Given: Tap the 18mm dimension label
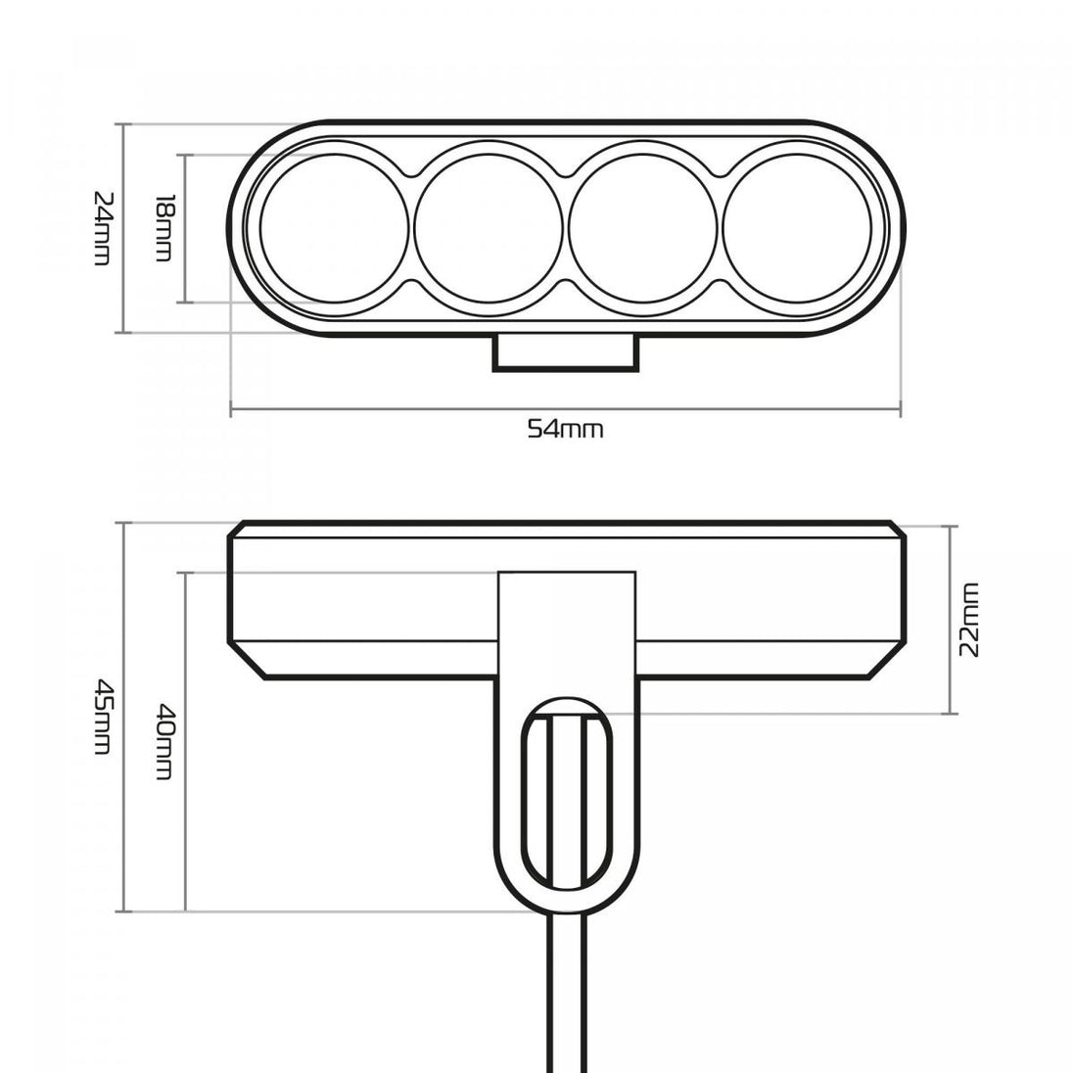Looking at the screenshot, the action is click(163, 228).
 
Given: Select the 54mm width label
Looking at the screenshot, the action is click(565, 429).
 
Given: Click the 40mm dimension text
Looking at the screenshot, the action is click(163, 742).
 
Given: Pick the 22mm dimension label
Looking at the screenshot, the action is click(969, 620).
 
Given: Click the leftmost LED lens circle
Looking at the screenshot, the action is click(334, 228).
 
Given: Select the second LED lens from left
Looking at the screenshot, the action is click(488, 228).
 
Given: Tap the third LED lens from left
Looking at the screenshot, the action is click(642, 228).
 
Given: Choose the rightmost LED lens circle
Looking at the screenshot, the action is click(797, 228).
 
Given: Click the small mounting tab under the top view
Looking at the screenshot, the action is click(565, 352).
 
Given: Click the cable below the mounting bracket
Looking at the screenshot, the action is click(567, 993).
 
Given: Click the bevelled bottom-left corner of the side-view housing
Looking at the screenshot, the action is click(247, 661).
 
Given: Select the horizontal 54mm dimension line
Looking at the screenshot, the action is click(565, 410).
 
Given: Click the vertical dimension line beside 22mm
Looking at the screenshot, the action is click(951, 620).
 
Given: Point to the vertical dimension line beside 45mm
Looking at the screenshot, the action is click(124, 717).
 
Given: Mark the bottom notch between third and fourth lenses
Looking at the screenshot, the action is click(720, 285).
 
